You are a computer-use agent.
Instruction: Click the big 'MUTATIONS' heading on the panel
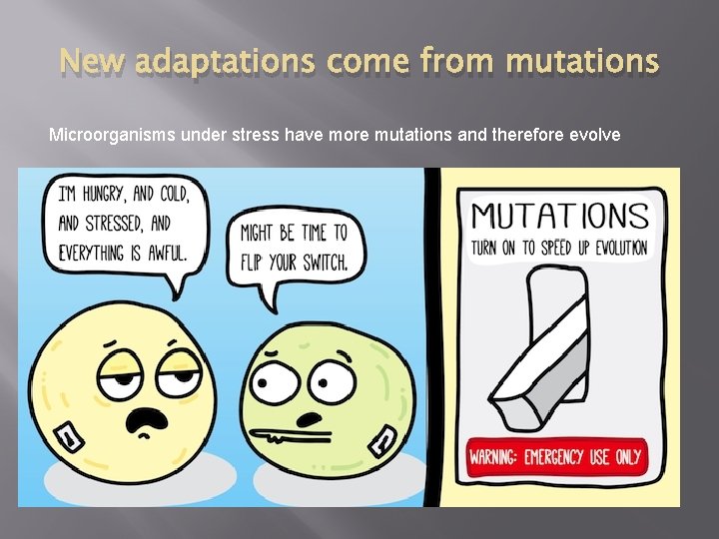tap(560, 216)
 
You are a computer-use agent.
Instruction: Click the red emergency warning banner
tap(556, 458)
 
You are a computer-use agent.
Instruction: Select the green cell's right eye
tap(326, 383)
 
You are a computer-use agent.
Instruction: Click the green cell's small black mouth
tap(313, 417)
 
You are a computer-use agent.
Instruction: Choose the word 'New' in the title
tap(91, 63)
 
